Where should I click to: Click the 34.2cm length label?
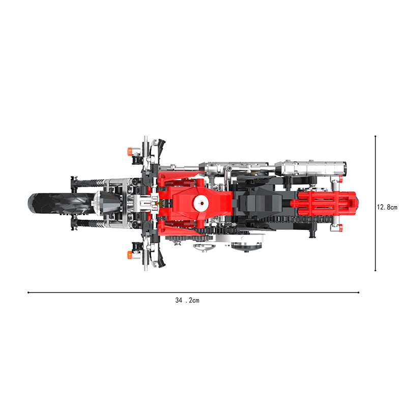click(x=187, y=300)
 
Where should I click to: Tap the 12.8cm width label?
click(x=387, y=207)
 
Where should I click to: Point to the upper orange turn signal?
click(x=130, y=151)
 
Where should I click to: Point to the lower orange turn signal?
click(x=130, y=255)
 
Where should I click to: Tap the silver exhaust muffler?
click(x=311, y=168)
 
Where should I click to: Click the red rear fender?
click(x=325, y=203)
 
